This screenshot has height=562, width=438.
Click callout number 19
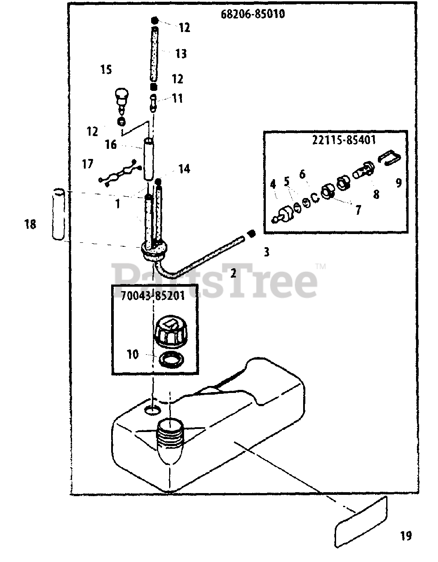(405, 536)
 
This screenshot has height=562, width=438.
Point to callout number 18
(30, 225)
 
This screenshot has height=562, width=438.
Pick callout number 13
(181, 54)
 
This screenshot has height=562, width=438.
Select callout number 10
(133, 354)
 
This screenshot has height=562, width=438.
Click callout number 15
(106, 69)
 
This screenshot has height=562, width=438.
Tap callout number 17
(87, 164)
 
